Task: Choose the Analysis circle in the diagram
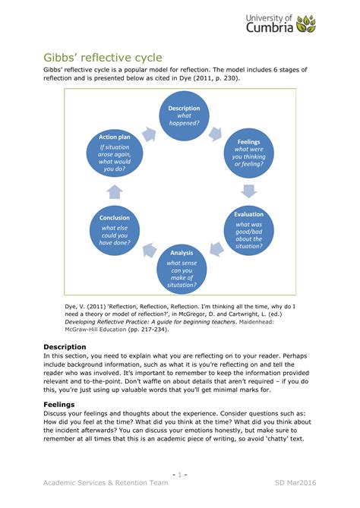pos(182,267)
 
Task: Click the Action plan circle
pos(114,153)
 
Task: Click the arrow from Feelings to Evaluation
pos(249,191)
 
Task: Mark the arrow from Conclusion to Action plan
pos(114,191)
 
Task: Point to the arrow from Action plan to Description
pos(148,133)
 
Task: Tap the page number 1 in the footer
pos(180,474)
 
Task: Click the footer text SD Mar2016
pos(296,482)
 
